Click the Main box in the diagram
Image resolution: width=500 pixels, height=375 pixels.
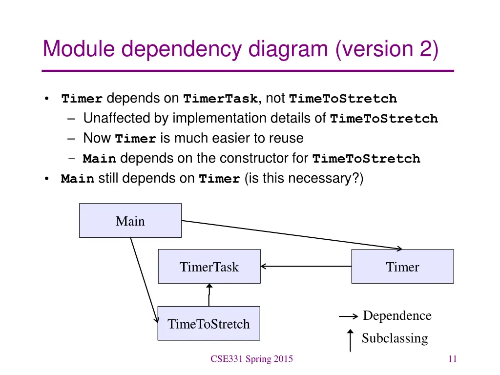pyautogui.click(x=130, y=221)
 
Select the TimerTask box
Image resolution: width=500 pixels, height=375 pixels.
pyautogui.click(x=209, y=267)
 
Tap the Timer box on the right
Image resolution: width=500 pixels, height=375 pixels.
pyautogui.click(x=402, y=267)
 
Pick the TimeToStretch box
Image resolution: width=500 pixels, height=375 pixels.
pyautogui.click(x=208, y=323)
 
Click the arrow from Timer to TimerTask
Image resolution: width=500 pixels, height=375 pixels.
pyautogui.click(x=306, y=267)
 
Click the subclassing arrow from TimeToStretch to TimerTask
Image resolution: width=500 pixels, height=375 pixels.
pyautogui.click(x=209, y=295)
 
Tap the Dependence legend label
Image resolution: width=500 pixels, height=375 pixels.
pyautogui.click(x=397, y=316)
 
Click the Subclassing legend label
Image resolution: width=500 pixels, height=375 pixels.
pyautogui.click(x=395, y=338)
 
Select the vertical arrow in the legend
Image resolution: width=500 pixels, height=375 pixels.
pyautogui.click(x=350, y=340)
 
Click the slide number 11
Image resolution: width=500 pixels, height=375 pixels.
pyautogui.click(x=452, y=359)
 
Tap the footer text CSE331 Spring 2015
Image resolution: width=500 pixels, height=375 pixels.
pyautogui.click(x=251, y=359)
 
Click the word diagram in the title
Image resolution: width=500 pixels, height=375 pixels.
pyautogui.click(x=289, y=50)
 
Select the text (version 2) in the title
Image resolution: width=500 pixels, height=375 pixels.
pyautogui.click(x=387, y=50)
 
